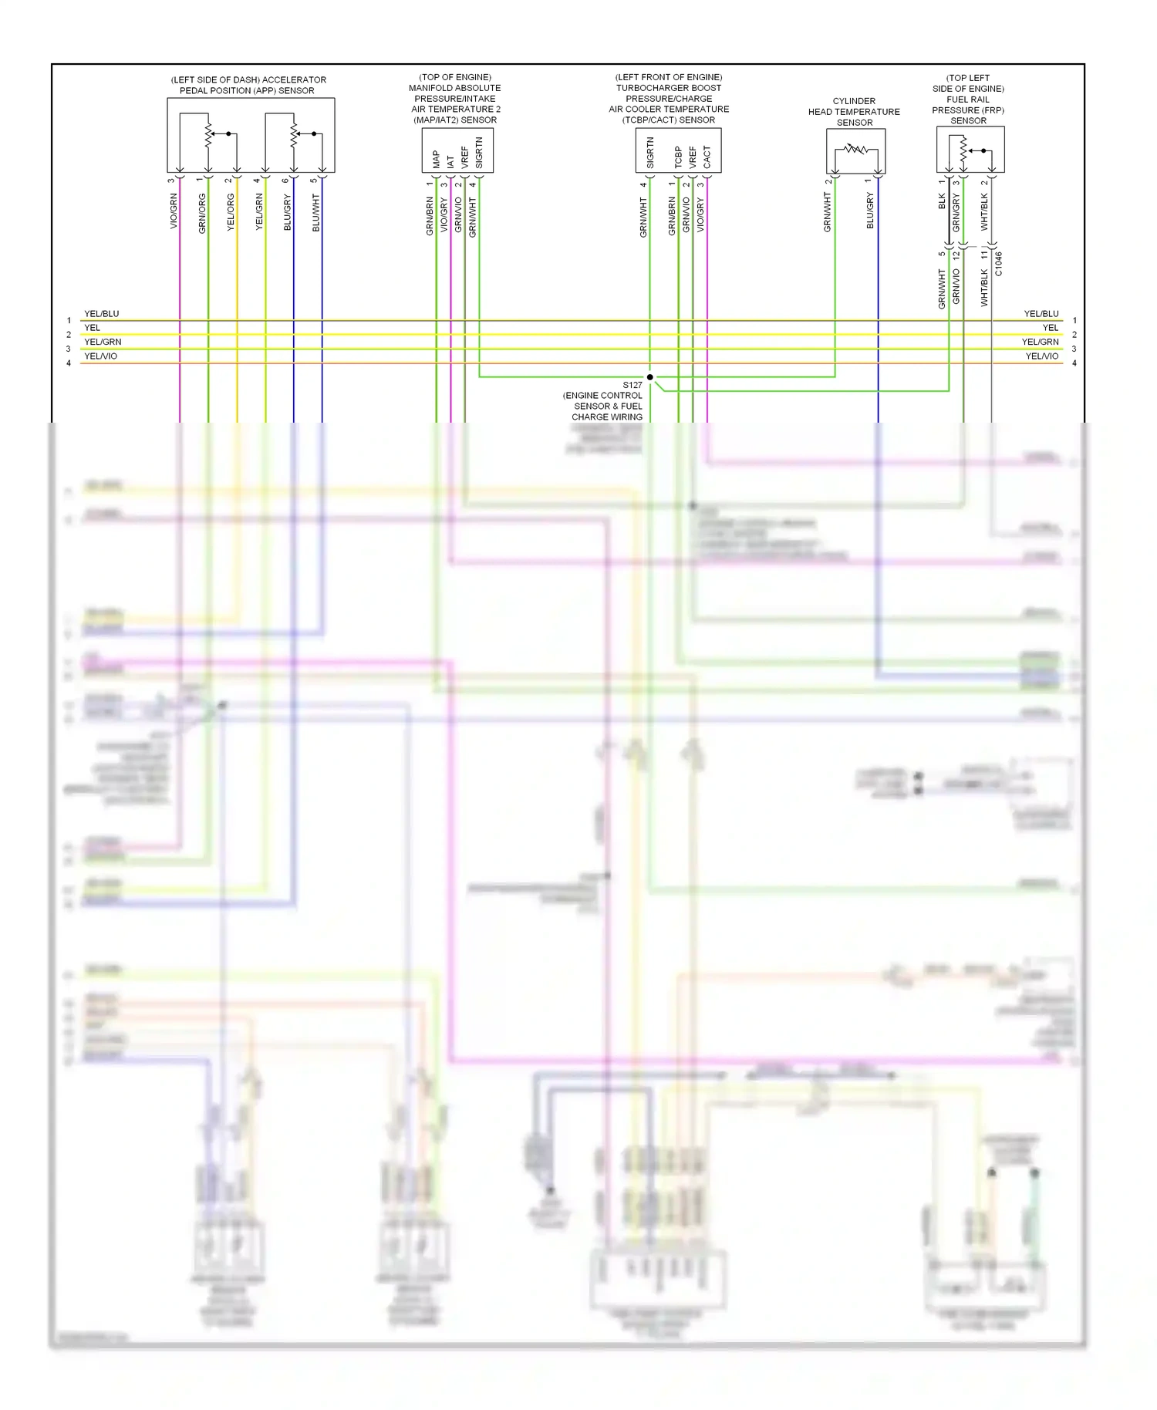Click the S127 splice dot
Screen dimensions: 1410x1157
(650, 377)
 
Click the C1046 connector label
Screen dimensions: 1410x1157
(998, 263)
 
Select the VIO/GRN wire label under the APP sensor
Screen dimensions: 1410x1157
(174, 211)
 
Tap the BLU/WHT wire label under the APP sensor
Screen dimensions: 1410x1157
(315, 212)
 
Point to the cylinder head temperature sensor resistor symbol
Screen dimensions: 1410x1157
(855, 149)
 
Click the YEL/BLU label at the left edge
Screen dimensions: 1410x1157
(102, 314)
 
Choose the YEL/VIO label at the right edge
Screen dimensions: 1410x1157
(1042, 356)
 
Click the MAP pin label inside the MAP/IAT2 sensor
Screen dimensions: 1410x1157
(437, 159)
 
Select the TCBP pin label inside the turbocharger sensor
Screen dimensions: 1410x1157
(679, 157)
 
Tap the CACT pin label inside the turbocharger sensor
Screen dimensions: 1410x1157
(707, 158)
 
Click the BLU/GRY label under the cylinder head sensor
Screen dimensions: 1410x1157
(870, 211)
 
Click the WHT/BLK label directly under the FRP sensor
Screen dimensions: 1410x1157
(984, 211)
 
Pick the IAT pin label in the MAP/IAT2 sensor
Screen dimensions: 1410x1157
(450, 162)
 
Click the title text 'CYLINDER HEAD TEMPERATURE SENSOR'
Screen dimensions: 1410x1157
(854, 112)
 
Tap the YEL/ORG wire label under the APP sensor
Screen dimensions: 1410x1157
(231, 212)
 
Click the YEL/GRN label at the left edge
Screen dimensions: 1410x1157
(103, 342)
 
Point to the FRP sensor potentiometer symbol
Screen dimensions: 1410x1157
(963, 150)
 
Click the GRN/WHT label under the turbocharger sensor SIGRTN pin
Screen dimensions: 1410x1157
(643, 217)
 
